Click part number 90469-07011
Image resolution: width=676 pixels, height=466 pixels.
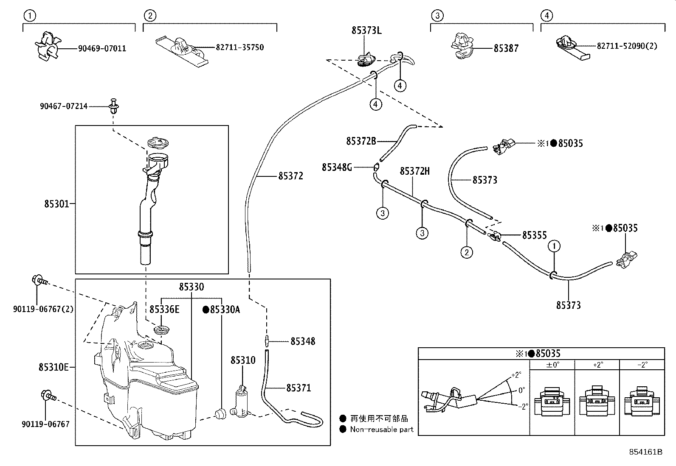[102, 48]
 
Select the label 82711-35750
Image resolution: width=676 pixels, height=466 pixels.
[239, 47]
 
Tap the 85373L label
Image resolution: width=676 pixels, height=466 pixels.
[366, 31]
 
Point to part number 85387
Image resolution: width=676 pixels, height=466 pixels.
[506, 48]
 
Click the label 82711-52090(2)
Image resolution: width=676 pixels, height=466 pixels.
[627, 46]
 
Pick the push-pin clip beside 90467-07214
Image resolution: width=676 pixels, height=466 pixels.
[113, 106]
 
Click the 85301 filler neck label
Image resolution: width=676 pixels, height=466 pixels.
[56, 204]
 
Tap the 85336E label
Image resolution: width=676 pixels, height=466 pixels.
[164, 310]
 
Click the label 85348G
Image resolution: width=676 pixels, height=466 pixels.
[337, 167]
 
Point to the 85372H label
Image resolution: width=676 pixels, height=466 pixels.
[414, 171]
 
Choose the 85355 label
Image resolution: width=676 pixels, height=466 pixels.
[534, 235]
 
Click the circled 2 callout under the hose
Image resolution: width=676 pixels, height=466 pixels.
[466, 252]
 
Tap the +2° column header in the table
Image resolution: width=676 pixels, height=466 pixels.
[597, 365]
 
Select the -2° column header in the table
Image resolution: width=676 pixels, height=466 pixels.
[642, 365]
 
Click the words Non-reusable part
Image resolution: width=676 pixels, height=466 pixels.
[381, 429]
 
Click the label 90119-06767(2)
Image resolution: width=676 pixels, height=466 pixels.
[43, 309]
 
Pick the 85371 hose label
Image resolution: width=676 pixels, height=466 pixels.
[299, 388]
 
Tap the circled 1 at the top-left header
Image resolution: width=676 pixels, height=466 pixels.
[29, 16]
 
